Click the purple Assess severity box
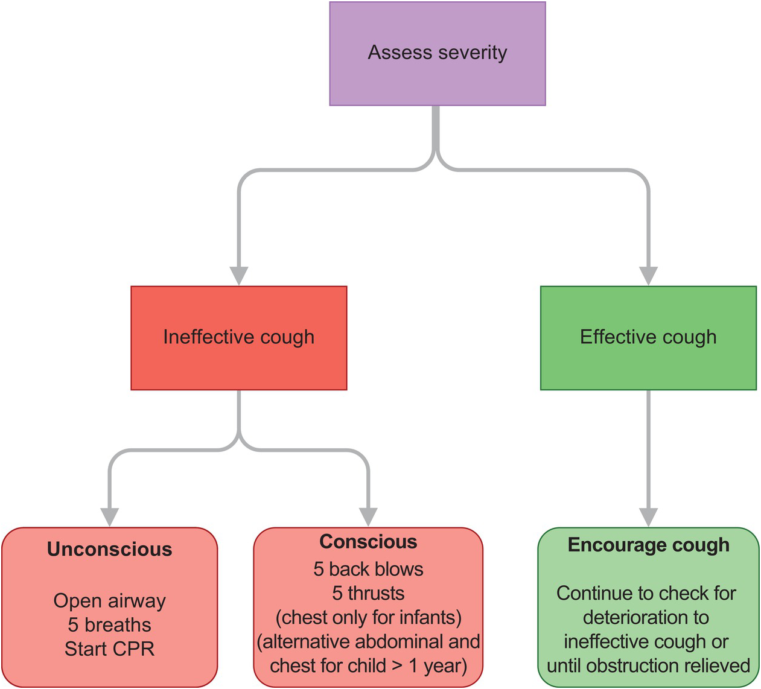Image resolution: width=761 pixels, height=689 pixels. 438,54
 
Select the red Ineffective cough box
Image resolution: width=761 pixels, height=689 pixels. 239,338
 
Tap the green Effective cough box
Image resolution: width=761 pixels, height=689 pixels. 648,338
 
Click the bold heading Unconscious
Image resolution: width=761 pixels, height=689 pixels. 110,549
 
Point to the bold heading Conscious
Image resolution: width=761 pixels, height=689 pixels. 368,541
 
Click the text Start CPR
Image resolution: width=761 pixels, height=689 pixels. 110,649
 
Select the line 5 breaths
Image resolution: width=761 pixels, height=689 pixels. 110,625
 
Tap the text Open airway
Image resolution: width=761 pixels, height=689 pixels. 110,602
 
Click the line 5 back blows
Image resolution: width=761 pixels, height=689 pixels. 368,569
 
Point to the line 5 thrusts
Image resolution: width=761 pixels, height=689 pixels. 368,593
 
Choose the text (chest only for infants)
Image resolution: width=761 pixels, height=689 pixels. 368,618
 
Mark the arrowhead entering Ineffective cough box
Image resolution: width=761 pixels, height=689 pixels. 239,276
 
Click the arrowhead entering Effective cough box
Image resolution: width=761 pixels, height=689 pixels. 648,276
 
